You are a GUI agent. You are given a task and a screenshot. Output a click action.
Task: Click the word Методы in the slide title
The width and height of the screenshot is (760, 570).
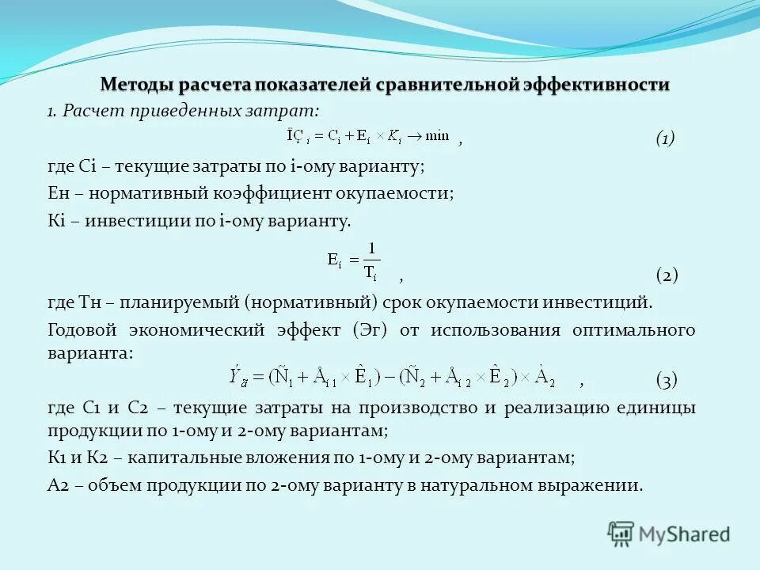tap(136, 84)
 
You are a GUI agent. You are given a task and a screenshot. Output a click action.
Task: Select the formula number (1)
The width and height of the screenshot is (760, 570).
tap(665, 139)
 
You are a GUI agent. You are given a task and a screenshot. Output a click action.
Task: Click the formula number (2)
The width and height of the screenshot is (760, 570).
tap(667, 275)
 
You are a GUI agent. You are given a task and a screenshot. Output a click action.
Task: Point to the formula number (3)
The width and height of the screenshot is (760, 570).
tap(667, 381)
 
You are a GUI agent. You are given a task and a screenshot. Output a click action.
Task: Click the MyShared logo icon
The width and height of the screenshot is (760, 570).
tap(621, 534)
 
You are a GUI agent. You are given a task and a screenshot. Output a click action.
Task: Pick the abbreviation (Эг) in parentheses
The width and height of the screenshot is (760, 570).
tap(370, 330)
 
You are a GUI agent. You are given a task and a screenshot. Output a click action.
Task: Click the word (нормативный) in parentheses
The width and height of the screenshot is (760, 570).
tap(309, 302)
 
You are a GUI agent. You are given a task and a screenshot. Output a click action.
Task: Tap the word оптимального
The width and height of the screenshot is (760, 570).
tap(633, 330)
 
